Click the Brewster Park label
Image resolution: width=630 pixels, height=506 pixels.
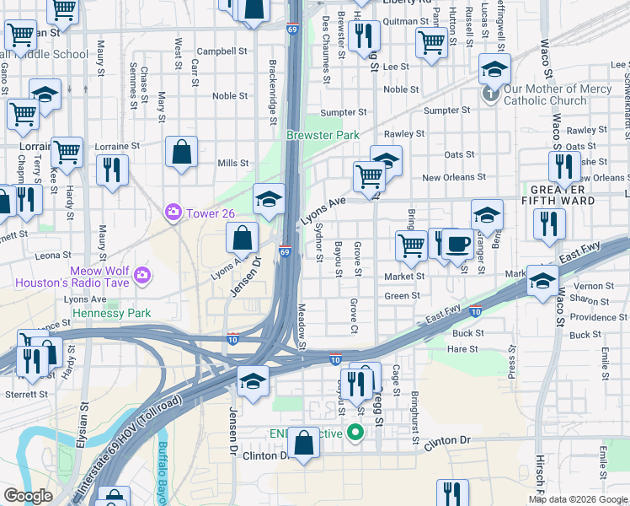(323, 135)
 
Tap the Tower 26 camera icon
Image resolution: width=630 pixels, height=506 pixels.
(174, 211)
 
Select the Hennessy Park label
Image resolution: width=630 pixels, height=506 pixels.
(111, 313)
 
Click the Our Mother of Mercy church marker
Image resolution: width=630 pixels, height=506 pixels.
(491, 94)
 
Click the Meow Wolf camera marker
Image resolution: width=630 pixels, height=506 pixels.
(143, 274)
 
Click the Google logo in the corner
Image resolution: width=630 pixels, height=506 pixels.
(28, 496)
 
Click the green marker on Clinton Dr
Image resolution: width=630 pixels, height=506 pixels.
(355, 433)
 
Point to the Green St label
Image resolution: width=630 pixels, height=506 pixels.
(402, 296)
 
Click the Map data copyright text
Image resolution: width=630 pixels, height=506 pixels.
(578, 499)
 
